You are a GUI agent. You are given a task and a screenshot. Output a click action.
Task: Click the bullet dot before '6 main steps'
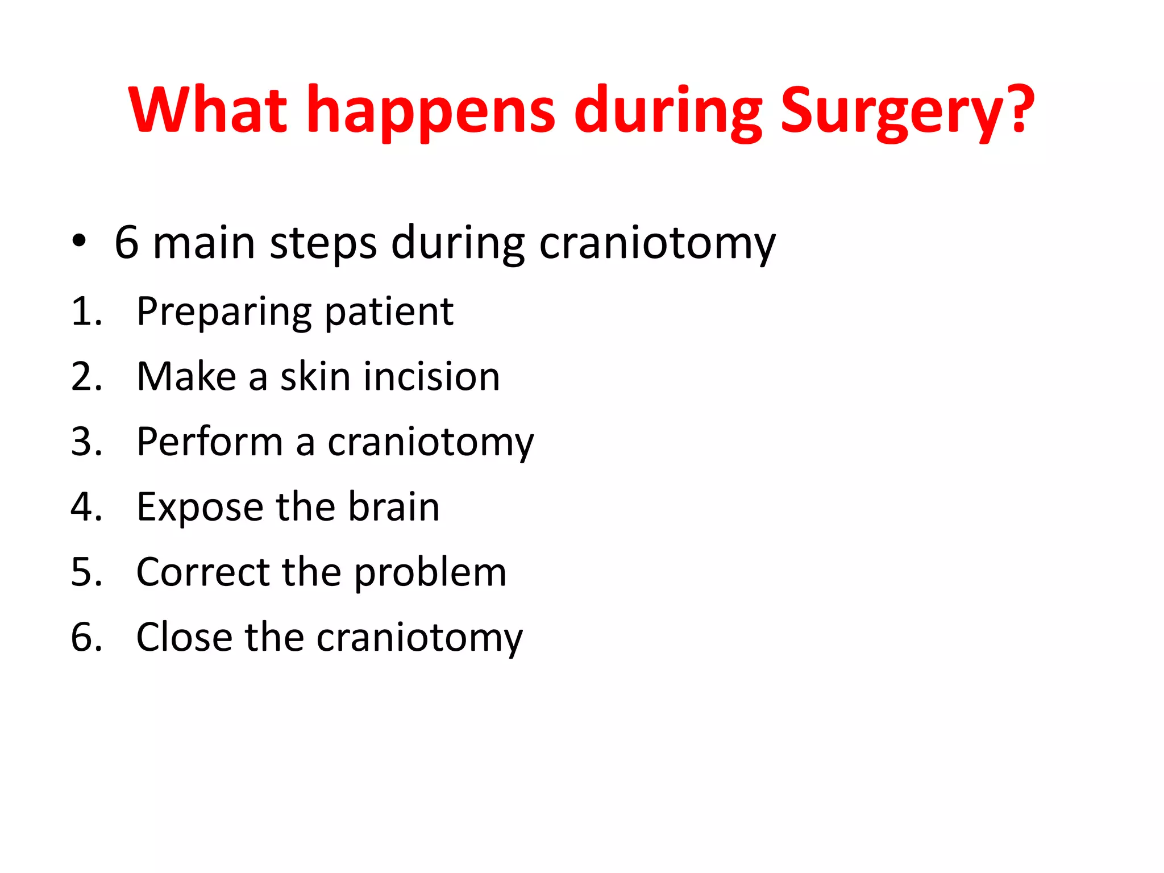79,241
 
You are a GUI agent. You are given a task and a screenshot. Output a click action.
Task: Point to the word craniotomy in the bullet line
657,243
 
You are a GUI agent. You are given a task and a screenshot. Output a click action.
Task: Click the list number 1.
86,311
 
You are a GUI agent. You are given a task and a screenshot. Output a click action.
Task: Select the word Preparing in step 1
224,313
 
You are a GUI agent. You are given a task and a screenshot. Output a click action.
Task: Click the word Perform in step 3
209,441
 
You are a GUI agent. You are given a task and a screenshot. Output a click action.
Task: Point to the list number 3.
86,442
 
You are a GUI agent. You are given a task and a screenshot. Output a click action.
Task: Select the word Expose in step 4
199,507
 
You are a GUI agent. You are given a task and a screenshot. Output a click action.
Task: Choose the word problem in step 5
430,572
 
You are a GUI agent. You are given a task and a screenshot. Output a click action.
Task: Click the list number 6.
86,637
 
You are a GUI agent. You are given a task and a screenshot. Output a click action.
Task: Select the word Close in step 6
184,637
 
